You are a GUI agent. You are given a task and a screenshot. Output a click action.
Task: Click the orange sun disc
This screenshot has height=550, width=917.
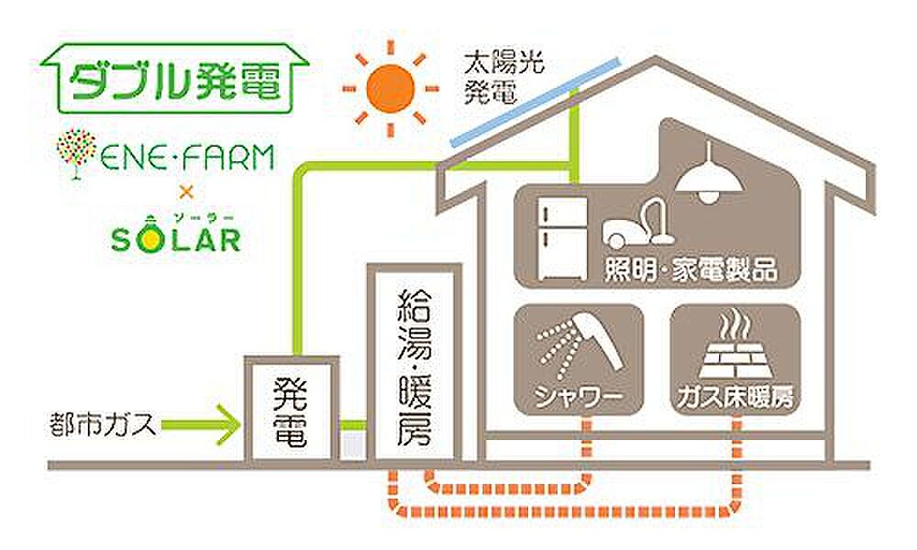coord(390,89)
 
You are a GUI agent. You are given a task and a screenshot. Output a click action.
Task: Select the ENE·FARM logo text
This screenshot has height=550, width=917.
coord(187,158)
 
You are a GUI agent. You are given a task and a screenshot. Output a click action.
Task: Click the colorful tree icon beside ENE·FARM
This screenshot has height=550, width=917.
coord(76,154)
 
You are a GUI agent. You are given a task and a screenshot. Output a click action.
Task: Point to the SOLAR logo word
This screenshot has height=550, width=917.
coord(176,239)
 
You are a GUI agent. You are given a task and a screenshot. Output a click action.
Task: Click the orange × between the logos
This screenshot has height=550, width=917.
coord(186,192)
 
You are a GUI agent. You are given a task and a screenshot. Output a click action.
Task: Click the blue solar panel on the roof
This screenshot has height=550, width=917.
coord(536,102)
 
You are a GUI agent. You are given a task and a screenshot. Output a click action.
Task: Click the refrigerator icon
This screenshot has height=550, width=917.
coord(562,238)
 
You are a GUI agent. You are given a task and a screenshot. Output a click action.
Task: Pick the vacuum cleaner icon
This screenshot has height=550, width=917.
coord(639,224)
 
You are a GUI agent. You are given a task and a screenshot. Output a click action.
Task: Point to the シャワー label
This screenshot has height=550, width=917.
coord(578,397)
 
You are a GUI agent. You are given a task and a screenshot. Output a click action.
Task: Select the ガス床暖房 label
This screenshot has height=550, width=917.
coord(735,397)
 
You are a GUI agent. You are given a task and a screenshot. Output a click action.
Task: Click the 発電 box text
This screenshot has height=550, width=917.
coord(290,413)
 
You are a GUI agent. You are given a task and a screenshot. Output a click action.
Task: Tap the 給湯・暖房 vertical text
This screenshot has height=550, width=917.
coord(414,368)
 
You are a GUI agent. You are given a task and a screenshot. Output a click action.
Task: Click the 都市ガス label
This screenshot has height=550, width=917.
coord(102,425)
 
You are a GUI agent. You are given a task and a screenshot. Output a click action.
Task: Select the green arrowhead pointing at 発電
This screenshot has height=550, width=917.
coord(230,425)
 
